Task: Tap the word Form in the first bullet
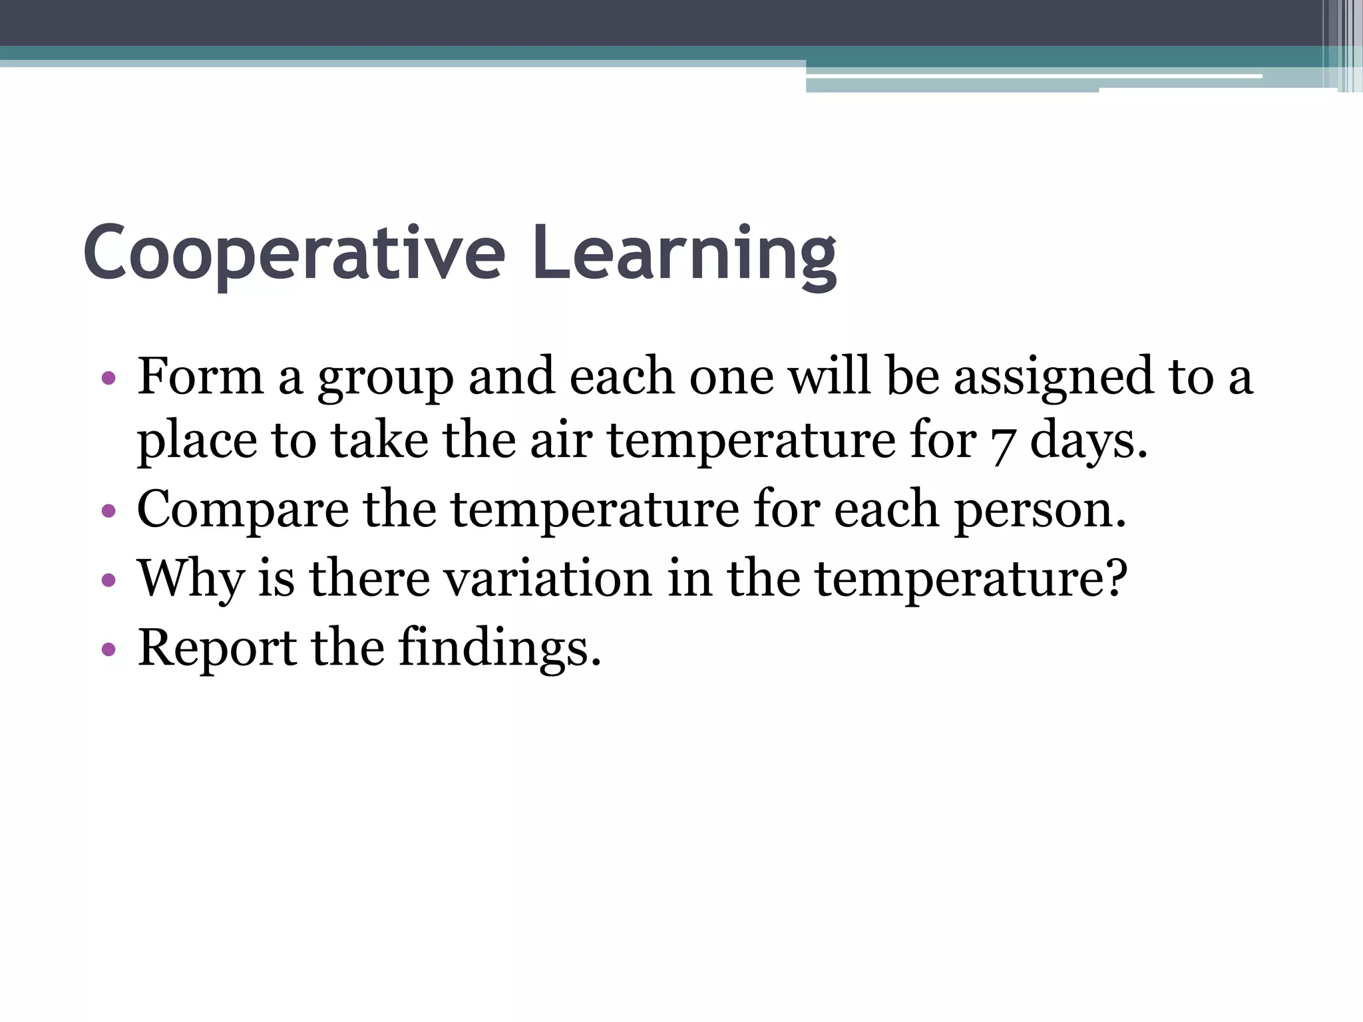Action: coord(200,377)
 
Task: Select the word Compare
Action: coord(242,511)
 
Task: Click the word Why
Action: coord(190,579)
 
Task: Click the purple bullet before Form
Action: coord(109,379)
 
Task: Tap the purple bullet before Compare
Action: coord(109,512)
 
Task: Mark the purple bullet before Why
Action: coord(109,580)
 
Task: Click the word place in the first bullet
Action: coord(196,442)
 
